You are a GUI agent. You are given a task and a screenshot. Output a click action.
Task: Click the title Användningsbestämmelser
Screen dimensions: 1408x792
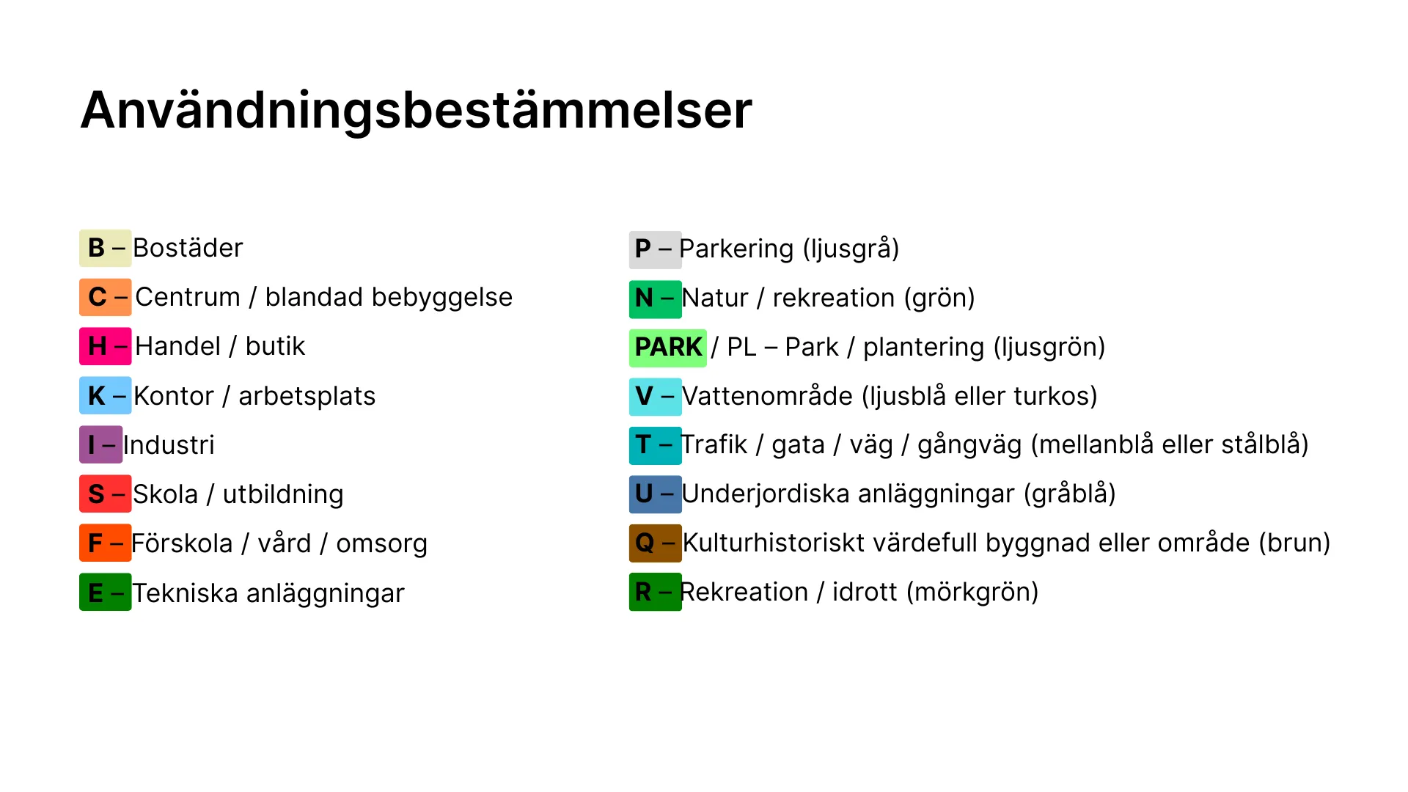417,111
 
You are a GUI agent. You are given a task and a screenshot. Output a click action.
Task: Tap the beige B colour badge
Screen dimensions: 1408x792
106,248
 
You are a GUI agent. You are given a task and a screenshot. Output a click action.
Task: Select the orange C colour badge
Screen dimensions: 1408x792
106,297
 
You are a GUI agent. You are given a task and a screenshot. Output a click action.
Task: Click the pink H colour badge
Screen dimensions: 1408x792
106,346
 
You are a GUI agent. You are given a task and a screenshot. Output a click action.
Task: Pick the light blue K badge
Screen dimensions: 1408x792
106,395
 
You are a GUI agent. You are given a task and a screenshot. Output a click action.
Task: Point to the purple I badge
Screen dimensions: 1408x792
101,444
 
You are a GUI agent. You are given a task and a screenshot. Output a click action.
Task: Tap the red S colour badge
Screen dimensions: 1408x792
106,494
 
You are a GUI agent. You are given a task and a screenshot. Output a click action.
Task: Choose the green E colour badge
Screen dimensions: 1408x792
106,592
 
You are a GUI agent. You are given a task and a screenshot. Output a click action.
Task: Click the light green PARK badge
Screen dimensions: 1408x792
668,348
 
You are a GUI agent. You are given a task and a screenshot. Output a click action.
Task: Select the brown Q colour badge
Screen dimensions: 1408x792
656,543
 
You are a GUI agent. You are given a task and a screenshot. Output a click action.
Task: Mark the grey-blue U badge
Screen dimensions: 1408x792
656,494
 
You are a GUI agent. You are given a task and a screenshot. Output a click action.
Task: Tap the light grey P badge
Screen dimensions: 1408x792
656,249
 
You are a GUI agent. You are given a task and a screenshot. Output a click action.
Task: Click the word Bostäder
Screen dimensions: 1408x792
188,248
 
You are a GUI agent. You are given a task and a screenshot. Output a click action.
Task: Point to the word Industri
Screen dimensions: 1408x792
169,444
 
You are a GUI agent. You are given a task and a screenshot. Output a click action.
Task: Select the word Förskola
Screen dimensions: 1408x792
182,543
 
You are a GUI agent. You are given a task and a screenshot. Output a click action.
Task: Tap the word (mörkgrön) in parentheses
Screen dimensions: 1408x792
972,592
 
